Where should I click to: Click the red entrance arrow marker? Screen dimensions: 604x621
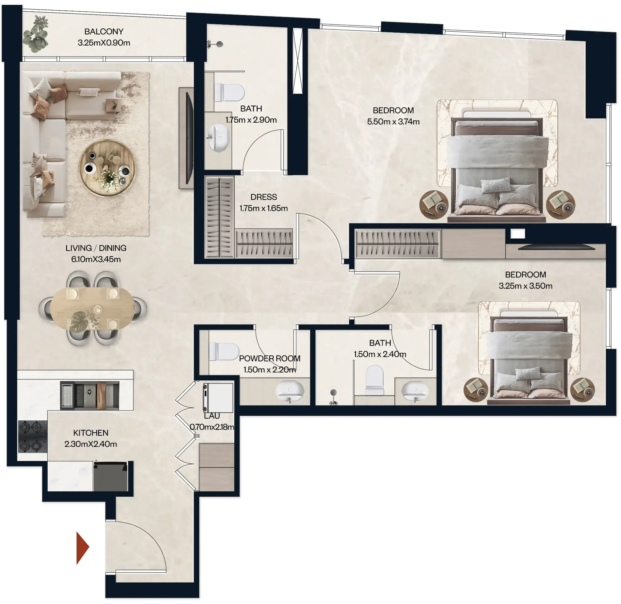82,548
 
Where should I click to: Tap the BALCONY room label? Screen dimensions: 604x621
104,32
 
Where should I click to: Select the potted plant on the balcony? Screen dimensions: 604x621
36,34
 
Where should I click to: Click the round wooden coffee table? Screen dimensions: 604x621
107,168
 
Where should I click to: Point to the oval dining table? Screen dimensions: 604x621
92,308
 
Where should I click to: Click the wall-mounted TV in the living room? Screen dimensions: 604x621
189,138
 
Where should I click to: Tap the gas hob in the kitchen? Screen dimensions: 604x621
32,436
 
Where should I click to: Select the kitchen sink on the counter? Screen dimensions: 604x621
90,395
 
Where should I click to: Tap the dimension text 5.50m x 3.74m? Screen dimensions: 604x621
393,122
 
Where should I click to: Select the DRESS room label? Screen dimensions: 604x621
263,197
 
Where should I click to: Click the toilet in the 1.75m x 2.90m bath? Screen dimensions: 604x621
229,92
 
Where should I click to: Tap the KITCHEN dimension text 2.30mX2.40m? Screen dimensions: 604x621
91,444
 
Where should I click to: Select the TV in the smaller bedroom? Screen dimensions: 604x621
556,247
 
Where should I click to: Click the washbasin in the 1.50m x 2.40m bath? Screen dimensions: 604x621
414,391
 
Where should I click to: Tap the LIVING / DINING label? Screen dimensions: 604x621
96,248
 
